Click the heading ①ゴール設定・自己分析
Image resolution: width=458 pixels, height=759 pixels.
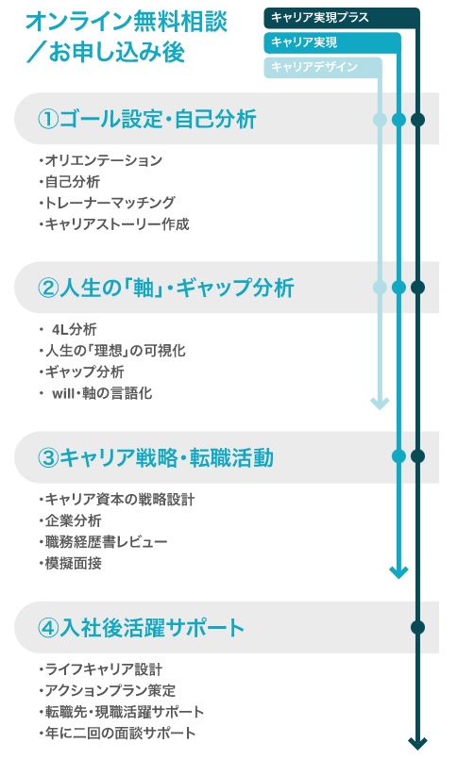147,119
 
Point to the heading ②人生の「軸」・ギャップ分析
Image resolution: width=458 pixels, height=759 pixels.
166,288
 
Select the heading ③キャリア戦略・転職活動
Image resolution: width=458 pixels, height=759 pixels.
156,457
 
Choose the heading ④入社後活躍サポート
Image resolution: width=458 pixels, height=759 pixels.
141,628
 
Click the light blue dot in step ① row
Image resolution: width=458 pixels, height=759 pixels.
380,119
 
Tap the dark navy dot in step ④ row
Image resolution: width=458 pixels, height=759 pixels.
417,627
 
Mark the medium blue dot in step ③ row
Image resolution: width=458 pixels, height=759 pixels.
399,456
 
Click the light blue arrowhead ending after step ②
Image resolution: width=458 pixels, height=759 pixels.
380,404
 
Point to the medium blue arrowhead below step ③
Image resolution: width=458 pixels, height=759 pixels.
399,572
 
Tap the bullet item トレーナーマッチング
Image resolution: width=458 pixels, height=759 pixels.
107,203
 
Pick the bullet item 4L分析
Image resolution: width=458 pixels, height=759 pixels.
75,330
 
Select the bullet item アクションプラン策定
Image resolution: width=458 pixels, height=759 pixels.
107,691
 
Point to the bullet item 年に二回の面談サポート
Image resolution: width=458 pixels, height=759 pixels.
117,733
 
